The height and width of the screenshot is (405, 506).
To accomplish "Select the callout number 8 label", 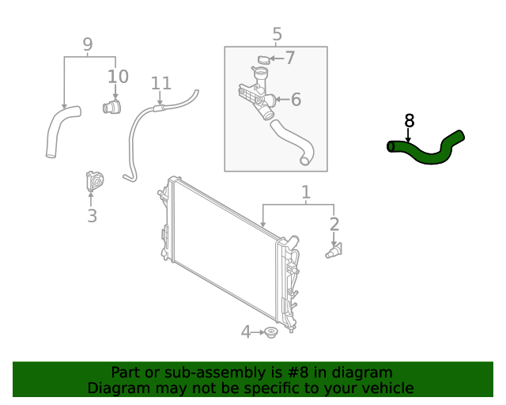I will pos(409,121).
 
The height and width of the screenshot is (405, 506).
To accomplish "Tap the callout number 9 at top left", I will pos(87,44).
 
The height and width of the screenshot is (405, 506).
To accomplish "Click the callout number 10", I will pos(117,76).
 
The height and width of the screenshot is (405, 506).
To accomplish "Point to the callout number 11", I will pos(160,82).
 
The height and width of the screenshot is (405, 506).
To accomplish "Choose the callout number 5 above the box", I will pos(277,34).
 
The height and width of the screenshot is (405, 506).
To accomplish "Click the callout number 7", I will pos(289,58).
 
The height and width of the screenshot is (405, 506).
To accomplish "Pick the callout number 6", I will pos(296,100).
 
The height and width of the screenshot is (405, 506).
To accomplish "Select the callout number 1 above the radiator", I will pos(306,192).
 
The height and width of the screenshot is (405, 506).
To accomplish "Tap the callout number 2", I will pos(334,224).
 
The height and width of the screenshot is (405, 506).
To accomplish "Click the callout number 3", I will pos(92,215).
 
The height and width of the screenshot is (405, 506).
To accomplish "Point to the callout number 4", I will pos(246,332).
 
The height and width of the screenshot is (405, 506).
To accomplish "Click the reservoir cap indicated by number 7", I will pos(263,60).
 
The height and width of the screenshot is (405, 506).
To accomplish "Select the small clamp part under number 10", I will pos(111,107).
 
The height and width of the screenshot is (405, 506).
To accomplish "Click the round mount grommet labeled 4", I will pos(271,333).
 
